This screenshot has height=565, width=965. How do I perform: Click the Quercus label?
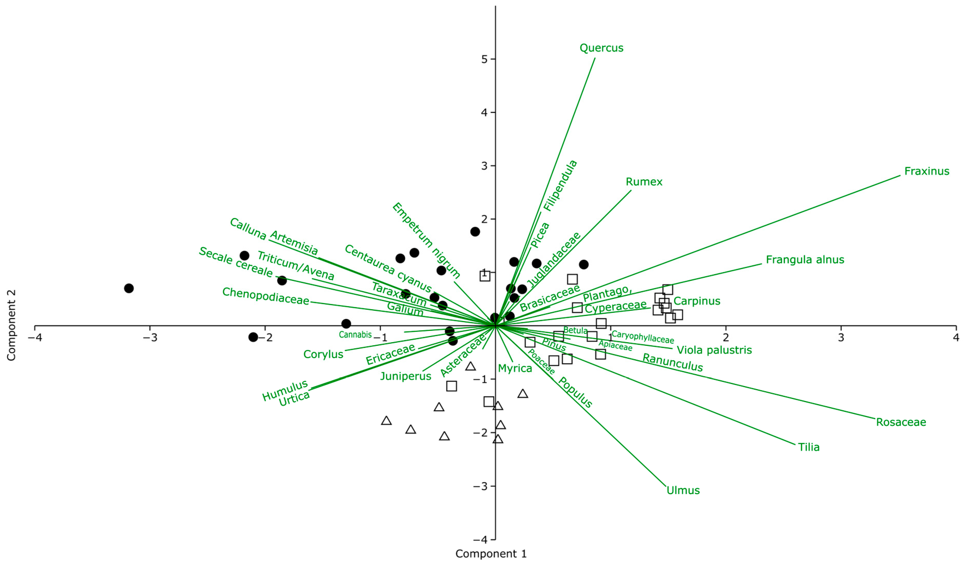click(601, 48)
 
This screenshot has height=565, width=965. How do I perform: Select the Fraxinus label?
click(926, 171)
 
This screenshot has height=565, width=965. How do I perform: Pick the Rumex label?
click(644, 182)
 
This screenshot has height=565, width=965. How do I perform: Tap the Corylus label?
click(323, 354)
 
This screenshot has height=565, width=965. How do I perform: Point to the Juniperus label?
click(405, 376)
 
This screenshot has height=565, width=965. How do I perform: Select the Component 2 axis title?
click(12, 325)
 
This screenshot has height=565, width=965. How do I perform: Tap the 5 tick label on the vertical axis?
click(484, 59)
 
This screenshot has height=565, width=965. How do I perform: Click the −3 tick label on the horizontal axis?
click(150, 338)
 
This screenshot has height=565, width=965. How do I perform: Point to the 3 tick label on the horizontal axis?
click(841, 338)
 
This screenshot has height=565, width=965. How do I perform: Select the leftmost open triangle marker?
click(386, 421)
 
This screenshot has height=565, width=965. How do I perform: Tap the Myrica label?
click(515, 369)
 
